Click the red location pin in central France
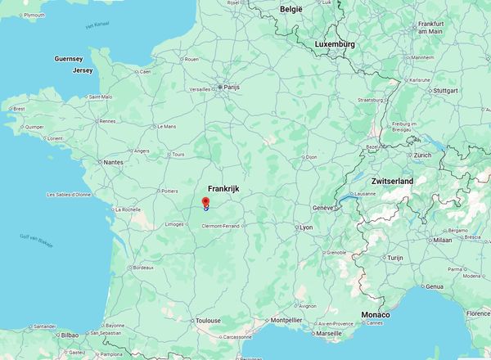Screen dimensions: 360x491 click(205, 202)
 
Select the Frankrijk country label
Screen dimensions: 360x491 click(223, 188)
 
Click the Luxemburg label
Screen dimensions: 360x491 click(335, 44)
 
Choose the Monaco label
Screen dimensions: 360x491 click(375, 315)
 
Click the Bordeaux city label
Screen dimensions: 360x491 click(143, 268)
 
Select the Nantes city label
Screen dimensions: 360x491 click(113, 163)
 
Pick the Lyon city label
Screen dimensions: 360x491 click(306, 227)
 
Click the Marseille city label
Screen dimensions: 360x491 click(329, 334)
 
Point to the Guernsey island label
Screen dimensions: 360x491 click(68, 60)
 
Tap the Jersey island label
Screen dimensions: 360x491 click(83, 70)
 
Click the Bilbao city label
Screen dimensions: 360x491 click(70, 335)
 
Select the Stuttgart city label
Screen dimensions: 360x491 click(445, 90)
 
